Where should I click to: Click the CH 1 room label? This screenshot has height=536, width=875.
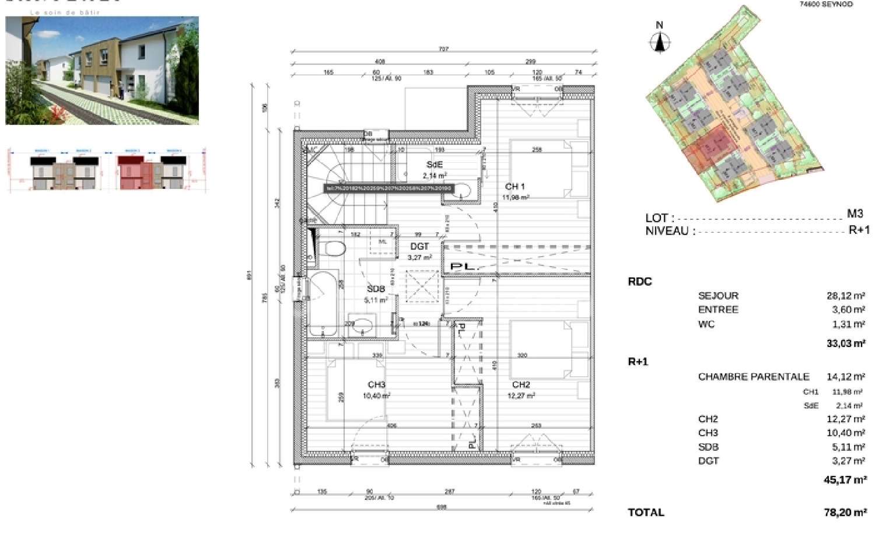[x=514, y=187]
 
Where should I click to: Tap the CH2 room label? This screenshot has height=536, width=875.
[x=521, y=385]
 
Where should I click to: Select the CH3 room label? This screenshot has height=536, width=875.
[x=376, y=385]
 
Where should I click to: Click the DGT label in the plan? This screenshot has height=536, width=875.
[x=419, y=247]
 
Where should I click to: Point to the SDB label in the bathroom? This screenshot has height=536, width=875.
[x=376, y=289]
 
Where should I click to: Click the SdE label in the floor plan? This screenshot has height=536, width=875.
[x=435, y=165]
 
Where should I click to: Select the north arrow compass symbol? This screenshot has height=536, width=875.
[x=660, y=41]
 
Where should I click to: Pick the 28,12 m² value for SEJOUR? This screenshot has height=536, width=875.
[x=845, y=296]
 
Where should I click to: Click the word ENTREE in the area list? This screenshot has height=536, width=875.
[x=718, y=310]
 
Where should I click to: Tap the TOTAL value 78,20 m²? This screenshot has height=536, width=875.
[x=845, y=513]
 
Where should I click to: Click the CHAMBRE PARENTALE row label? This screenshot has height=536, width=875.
[x=754, y=377]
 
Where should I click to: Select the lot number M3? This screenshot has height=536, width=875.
[x=855, y=214]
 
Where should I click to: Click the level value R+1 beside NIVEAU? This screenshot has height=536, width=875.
[x=859, y=230]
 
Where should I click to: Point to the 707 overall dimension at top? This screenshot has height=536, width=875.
[x=443, y=50]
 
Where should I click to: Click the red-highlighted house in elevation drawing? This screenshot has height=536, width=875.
[x=134, y=172]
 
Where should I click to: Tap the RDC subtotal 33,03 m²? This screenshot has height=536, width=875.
[x=845, y=344]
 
